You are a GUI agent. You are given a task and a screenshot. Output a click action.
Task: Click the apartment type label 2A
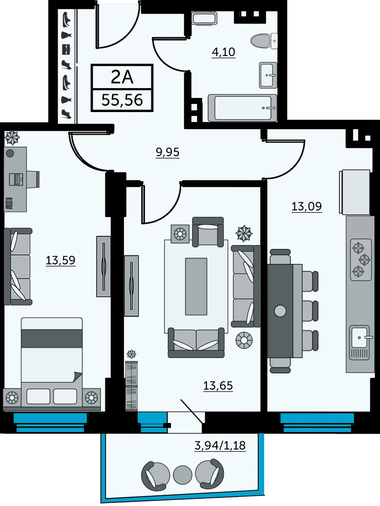point(122,77)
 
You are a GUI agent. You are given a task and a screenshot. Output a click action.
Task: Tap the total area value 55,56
point(122,100)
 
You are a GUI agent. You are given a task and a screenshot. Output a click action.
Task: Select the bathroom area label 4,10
point(223,52)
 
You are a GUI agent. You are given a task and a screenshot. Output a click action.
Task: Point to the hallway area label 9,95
point(168,152)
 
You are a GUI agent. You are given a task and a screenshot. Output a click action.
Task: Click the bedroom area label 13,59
point(61,260)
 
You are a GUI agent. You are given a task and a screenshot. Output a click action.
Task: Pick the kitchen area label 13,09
point(306,206)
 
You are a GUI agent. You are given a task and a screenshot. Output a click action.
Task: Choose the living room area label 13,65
point(218,385)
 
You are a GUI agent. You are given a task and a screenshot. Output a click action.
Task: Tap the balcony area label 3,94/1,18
point(220,445)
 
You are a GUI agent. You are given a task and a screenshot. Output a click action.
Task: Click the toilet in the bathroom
point(264,41)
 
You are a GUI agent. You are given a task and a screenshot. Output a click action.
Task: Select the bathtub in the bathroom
point(242,108)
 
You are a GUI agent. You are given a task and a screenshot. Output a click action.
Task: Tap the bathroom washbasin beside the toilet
point(268,75)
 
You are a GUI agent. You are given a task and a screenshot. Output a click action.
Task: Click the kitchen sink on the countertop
point(360,337)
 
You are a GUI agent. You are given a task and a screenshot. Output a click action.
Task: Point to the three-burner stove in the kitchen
point(361,260)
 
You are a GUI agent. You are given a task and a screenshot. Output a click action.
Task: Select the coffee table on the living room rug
point(196,286)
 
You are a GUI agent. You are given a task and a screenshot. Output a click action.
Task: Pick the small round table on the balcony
point(183,475)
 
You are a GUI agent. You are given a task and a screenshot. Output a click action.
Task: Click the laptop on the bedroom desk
point(16,179)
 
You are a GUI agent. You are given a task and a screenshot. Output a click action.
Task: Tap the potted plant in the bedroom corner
point(12,138)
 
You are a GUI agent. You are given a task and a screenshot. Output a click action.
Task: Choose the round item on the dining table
point(280,311)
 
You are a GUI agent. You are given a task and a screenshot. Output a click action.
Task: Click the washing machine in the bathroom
point(204,18)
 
